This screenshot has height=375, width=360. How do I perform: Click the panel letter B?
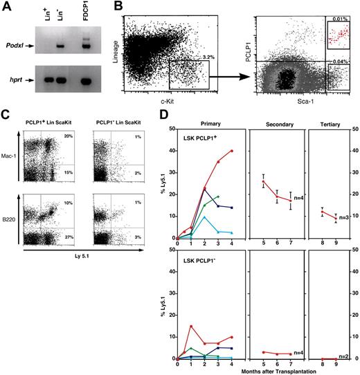tap(118, 7)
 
